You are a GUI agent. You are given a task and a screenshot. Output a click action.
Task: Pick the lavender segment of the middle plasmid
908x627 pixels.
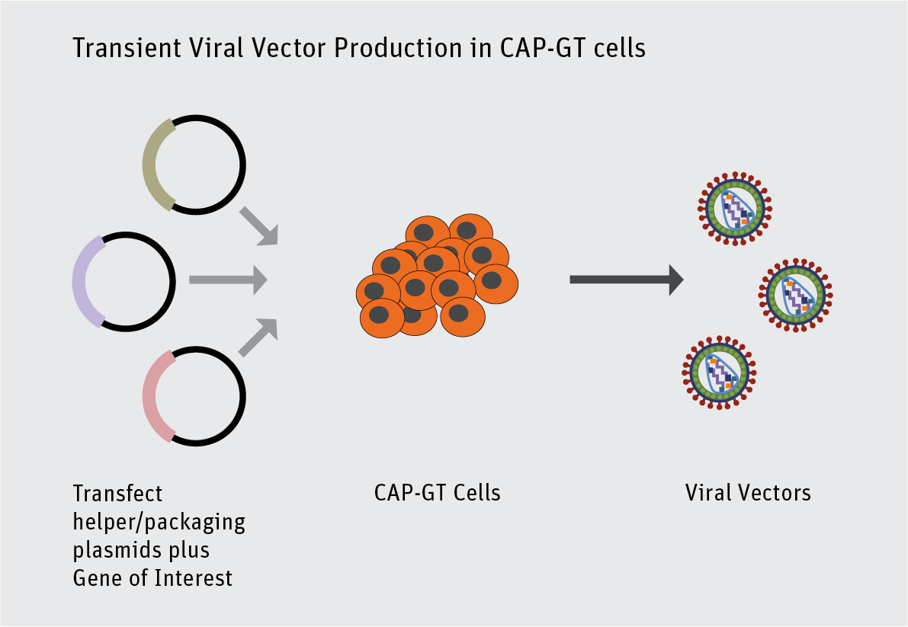pos(83,282)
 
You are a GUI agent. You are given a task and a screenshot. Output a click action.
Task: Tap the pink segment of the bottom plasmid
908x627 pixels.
pos(154,396)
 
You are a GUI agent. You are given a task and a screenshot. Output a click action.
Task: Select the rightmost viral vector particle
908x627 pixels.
pos(795,293)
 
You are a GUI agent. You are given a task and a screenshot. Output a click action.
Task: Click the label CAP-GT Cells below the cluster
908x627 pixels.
pos(437,493)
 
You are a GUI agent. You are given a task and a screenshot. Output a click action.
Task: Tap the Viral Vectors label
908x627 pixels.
pos(748,493)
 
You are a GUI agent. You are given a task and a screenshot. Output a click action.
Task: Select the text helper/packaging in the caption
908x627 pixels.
pos(159,522)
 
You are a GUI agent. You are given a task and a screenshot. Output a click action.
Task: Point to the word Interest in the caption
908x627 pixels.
pos(194,578)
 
